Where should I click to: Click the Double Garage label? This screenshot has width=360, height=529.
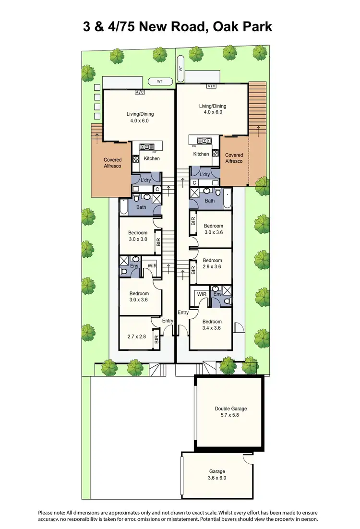point(230,409)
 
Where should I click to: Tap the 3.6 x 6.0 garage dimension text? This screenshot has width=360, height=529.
point(217,479)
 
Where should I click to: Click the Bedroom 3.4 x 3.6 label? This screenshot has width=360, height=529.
point(211,325)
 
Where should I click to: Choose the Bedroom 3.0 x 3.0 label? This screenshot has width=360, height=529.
point(137,236)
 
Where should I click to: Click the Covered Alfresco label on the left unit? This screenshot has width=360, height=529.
point(112,163)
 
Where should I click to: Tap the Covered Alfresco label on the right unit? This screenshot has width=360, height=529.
point(234,158)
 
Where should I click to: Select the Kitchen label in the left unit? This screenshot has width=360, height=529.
point(152,158)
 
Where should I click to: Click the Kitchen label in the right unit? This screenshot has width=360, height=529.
point(201,154)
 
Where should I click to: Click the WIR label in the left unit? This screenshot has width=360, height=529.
point(152,265)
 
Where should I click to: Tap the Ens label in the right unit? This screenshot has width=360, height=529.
point(217,294)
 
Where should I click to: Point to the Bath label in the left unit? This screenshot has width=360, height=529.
point(141,207)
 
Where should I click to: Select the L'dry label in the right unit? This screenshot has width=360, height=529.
point(204,175)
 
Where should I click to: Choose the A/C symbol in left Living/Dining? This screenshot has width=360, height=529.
point(139,92)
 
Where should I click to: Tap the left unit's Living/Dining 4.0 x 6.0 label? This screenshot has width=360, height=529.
point(140,117)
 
